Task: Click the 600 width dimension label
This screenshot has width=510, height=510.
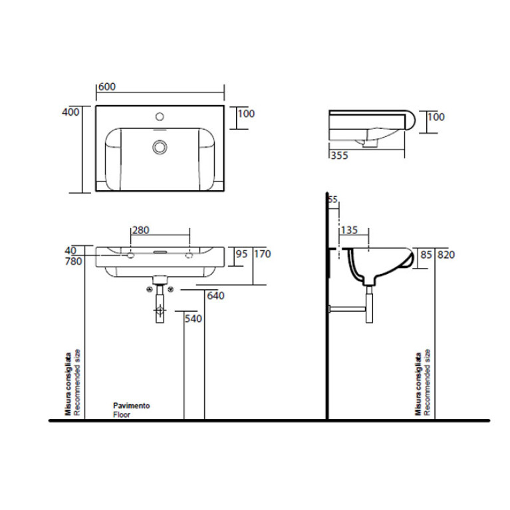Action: [107, 86]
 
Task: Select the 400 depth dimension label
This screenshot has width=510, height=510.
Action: [70, 112]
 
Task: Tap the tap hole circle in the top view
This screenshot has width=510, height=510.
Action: [160, 116]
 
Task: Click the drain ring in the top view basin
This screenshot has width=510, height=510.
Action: [160, 146]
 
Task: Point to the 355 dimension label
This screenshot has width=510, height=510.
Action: [340, 156]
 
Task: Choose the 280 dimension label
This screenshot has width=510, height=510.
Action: [141, 230]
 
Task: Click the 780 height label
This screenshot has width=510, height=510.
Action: [74, 261]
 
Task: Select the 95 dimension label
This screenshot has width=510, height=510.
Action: [241, 254]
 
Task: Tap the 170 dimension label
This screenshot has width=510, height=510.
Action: [263, 254]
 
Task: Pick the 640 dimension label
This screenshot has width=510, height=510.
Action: [215, 296]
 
